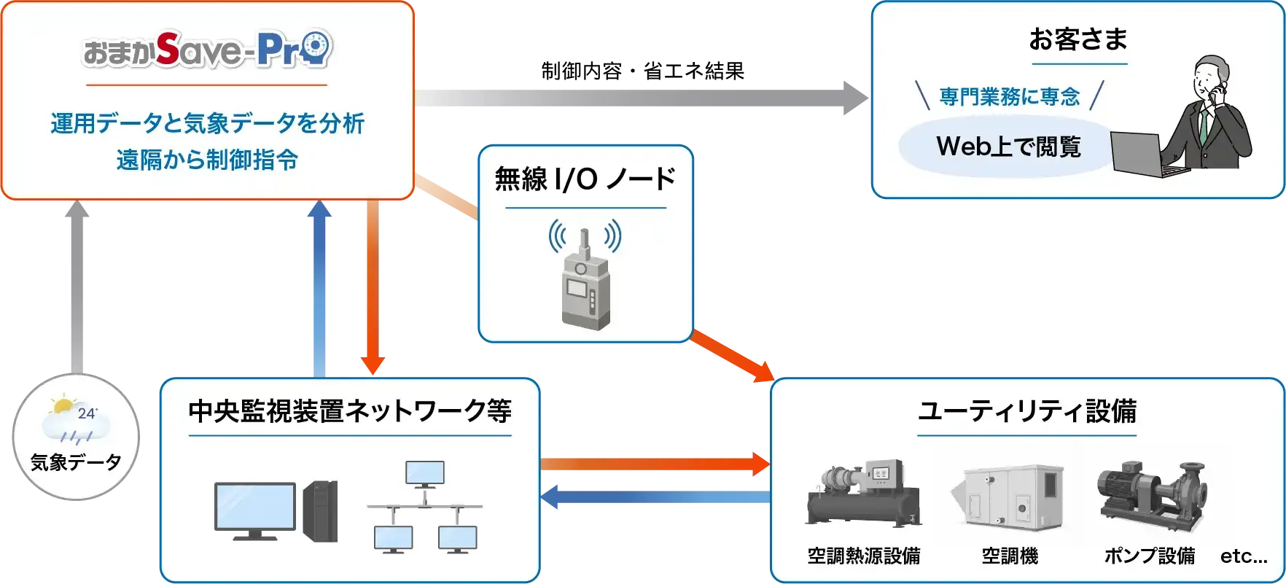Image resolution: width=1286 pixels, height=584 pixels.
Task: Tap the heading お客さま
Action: tap(1077, 39)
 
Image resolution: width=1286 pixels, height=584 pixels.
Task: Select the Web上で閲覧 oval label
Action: tap(1008, 147)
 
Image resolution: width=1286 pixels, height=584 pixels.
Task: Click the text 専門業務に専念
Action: tap(1009, 96)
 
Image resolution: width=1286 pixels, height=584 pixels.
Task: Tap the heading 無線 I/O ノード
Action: tap(585, 179)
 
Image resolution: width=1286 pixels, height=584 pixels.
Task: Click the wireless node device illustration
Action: tap(585, 281)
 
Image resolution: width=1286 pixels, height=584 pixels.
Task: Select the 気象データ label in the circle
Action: tap(76, 462)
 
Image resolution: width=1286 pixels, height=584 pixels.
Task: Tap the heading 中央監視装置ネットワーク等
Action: tap(350, 411)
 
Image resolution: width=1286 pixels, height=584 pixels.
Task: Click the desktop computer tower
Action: tap(321, 510)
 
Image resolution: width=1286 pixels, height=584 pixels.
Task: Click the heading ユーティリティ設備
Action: tap(1026, 411)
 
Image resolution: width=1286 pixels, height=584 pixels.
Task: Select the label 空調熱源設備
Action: tap(863, 556)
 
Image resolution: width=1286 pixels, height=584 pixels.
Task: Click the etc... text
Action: tap(1243, 556)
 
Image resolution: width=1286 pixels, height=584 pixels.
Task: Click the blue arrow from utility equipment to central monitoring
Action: tap(656, 498)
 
